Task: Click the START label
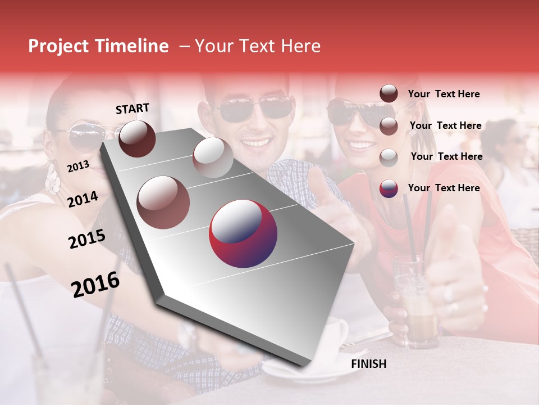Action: pyautogui.click(x=133, y=109)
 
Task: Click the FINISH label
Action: pyautogui.click(x=368, y=364)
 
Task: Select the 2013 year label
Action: pyautogui.click(x=78, y=166)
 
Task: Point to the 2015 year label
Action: pyautogui.click(x=86, y=240)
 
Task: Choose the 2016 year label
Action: pyautogui.click(x=95, y=285)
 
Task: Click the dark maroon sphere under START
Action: pyautogui.click(x=137, y=138)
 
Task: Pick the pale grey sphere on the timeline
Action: pyautogui.click(x=213, y=157)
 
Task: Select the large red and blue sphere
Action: pyautogui.click(x=243, y=233)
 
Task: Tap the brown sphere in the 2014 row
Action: pyautogui.click(x=163, y=202)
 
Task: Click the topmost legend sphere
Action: pyautogui.click(x=389, y=94)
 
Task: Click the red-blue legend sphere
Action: pyautogui.click(x=389, y=188)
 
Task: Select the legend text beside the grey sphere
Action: pyautogui.click(x=446, y=156)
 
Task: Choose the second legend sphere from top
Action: pyautogui.click(x=389, y=126)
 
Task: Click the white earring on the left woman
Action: pyautogui.click(x=53, y=179)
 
